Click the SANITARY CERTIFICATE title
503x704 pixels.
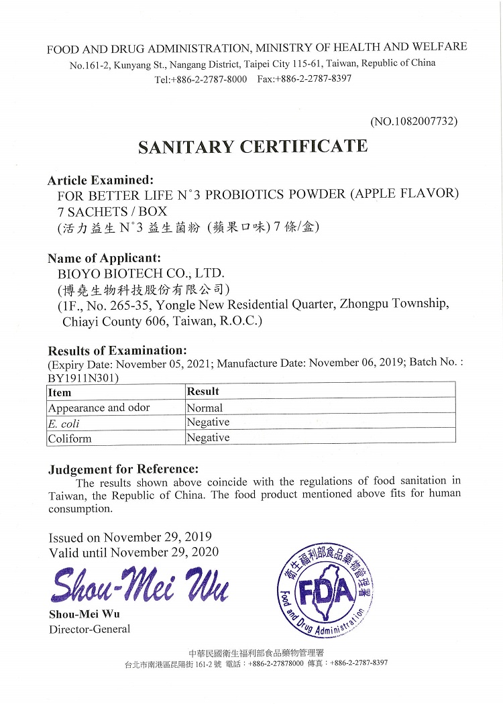click(253, 147)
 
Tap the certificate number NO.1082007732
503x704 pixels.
click(413, 121)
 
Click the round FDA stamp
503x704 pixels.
click(325, 591)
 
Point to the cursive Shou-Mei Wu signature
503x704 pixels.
click(139, 585)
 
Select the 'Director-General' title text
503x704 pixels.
click(89, 629)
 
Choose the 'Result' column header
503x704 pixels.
click(203, 391)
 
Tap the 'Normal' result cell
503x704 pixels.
click(205, 407)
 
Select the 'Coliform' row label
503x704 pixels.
click(70, 438)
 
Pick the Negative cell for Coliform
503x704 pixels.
click(208, 437)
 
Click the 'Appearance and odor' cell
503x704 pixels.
click(99, 408)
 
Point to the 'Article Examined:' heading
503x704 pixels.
click(101, 180)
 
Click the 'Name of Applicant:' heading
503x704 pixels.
click(104, 258)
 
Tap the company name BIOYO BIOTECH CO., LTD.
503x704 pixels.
click(142, 274)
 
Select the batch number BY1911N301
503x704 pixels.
click(83, 378)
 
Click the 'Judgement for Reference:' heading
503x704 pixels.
click(123, 469)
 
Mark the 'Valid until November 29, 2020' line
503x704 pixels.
click(133, 552)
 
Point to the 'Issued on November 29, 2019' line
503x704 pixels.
click(130, 537)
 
